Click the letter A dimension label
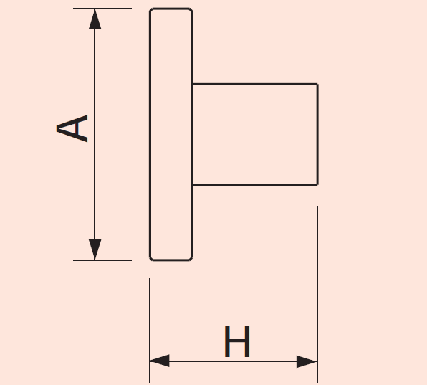(x=72, y=128)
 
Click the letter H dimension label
(x=237, y=341)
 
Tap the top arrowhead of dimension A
(x=95, y=19)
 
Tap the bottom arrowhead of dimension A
(x=95, y=249)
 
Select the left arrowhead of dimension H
(x=160, y=361)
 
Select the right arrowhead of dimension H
(x=307, y=361)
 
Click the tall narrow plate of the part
(x=171, y=134)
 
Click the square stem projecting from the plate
(x=255, y=134)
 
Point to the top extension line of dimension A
(x=102, y=9)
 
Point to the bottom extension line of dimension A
(x=102, y=260)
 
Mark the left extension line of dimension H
(x=150, y=331)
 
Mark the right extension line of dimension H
(x=317, y=294)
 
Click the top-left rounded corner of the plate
(x=150, y=10)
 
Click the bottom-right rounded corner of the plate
(x=191, y=259)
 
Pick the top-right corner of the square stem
(x=317, y=84)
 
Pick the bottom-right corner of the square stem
(x=317, y=184)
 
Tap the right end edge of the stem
(x=317, y=134)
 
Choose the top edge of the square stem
(x=255, y=84)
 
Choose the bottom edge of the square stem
(x=255, y=185)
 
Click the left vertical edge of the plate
(x=150, y=134)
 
